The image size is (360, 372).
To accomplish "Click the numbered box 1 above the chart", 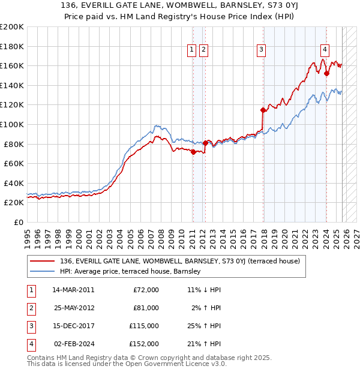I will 192,50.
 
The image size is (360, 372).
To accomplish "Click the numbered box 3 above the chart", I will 262,50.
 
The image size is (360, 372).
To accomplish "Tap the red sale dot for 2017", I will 263,110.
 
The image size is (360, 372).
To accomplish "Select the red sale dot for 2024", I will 326,74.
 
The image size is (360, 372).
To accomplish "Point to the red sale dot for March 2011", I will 193,152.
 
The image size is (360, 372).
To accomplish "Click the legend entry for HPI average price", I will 130,272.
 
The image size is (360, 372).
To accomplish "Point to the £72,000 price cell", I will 145,290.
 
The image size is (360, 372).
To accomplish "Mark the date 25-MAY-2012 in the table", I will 74,308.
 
